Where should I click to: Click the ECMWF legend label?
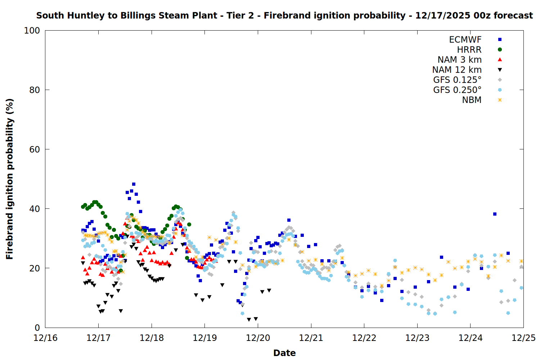point(465,40)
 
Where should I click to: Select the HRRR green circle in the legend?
point(500,50)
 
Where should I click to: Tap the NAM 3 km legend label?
point(459,60)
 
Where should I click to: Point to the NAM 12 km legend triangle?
point(500,70)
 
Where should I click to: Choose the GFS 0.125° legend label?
point(457,80)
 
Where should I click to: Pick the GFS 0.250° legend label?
point(457,90)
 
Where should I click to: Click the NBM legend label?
point(472,100)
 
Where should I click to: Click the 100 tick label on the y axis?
point(32,31)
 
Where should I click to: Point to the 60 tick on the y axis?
point(34,149)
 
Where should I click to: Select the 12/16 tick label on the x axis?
point(45,338)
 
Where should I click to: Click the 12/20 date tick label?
point(258,338)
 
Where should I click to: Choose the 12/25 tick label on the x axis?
point(523,338)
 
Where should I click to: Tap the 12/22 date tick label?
point(364,338)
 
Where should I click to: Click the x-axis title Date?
point(284,353)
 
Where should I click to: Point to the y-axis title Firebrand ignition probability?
point(10,179)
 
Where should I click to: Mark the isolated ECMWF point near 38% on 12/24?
point(495,214)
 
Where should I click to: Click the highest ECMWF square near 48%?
point(134,184)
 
